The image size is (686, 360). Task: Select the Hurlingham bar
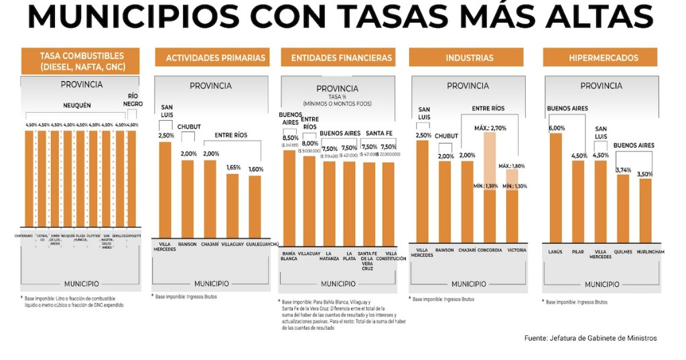645,211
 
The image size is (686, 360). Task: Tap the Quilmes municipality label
622,251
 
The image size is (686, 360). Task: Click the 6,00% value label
557,128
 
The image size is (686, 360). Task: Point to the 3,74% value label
623,170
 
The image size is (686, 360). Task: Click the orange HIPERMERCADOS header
603,58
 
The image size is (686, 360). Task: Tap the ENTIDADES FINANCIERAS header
341,58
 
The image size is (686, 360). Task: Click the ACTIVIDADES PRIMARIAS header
215,58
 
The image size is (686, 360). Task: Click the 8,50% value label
289,137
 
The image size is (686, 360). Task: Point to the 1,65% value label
232,167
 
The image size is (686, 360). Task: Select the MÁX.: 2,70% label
490,127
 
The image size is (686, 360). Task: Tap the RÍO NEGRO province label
133,99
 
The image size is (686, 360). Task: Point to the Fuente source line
590,338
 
